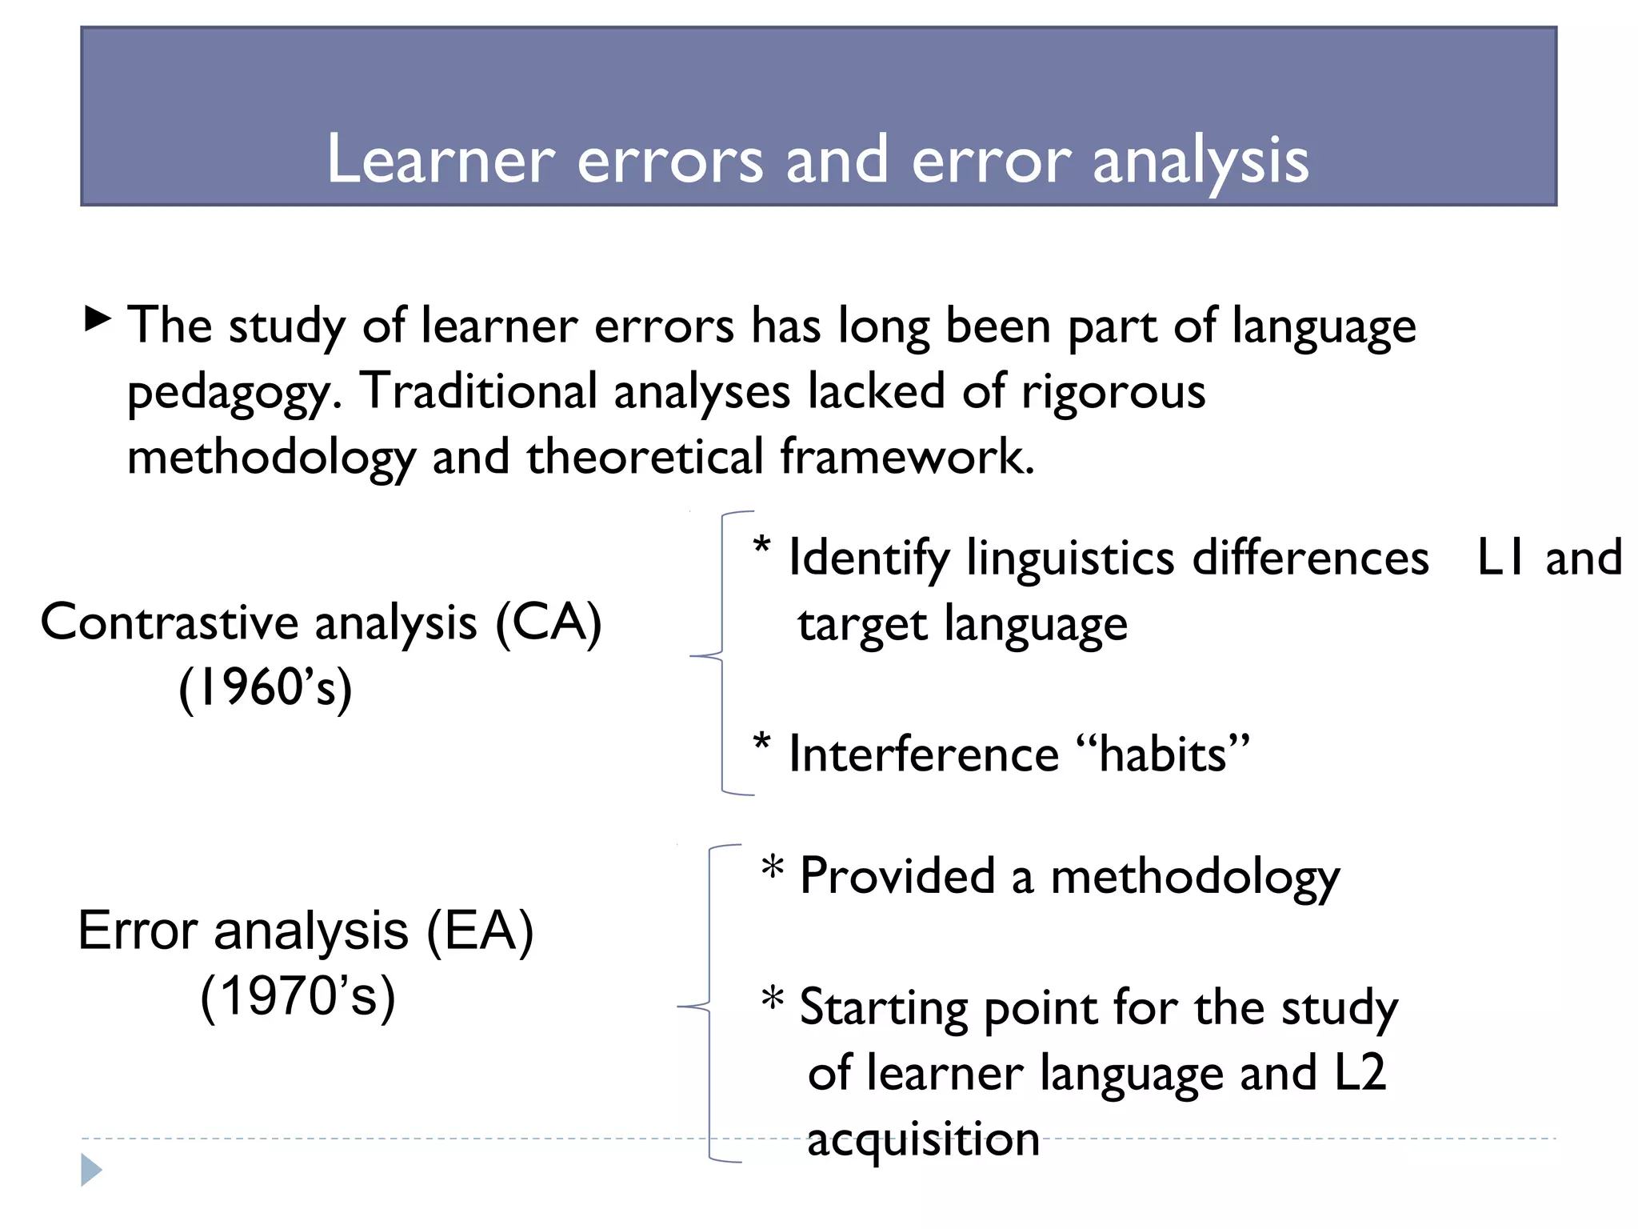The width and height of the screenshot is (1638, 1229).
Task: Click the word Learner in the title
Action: point(441,159)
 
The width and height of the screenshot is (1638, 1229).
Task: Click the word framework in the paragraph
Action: point(907,457)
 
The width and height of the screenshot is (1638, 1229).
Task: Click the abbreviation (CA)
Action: point(549,623)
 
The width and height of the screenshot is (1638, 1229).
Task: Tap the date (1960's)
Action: point(265,688)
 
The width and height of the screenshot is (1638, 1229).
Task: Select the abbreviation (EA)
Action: point(479,931)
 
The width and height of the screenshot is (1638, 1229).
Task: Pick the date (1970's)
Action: point(298,997)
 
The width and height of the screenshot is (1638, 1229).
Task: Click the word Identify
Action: point(869,558)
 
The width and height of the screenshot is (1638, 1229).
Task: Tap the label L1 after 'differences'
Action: point(1501,558)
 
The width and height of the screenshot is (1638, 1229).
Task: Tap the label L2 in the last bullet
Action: point(1360,1073)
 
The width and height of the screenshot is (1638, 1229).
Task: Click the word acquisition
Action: point(923,1139)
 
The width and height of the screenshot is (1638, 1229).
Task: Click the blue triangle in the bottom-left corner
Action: point(90,1171)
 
